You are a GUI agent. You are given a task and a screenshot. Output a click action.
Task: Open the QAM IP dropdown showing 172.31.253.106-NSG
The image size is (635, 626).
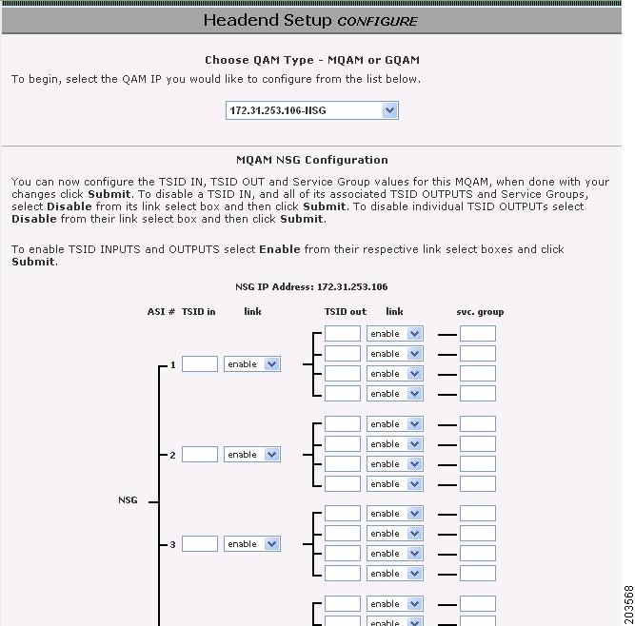point(311,110)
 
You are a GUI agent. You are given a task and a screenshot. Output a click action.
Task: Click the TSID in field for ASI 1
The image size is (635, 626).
point(199,364)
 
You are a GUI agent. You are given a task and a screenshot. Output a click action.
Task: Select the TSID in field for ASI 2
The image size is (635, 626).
point(199,455)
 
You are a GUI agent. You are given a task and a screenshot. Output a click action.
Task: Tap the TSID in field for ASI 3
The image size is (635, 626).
point(199,544)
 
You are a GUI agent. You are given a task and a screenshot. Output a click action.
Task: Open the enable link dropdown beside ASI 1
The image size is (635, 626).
point(251,364)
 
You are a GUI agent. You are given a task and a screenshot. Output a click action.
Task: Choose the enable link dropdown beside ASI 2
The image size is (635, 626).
point(251,455)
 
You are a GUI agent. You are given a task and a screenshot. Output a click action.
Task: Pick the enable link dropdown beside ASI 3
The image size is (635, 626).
point(251,544)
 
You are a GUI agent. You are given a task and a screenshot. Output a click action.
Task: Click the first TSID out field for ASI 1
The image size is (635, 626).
point(342,334)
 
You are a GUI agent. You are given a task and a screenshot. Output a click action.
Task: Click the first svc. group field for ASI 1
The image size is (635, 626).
point(477,334)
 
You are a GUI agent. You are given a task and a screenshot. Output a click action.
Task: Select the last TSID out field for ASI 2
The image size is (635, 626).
point(342,484)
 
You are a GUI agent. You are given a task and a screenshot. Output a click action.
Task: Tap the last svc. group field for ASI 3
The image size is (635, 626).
point(477,574)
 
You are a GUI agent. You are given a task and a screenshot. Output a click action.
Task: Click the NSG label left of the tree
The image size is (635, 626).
point(128,499)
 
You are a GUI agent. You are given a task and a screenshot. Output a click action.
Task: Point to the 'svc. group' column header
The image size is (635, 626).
point(480,311)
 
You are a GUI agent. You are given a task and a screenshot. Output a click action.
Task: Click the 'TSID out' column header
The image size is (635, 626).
point(345,311)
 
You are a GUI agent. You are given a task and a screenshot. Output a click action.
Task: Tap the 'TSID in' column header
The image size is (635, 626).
point(198,311)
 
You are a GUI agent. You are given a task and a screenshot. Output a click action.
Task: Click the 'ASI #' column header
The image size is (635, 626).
point(161,311)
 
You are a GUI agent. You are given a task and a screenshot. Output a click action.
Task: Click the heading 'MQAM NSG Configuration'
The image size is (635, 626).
point(311,160)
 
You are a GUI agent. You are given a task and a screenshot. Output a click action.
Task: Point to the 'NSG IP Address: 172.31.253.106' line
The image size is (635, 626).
point(311,286)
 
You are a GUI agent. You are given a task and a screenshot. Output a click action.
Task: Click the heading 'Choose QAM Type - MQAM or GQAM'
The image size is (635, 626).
point(311,60)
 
